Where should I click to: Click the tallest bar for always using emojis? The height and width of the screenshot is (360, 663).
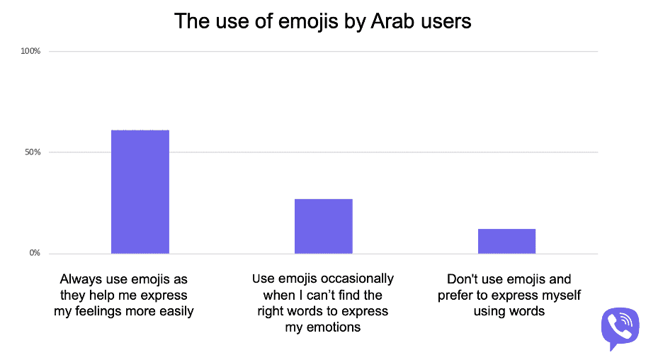coord(140,191)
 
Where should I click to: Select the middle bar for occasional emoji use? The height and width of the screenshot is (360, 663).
coord(324,226)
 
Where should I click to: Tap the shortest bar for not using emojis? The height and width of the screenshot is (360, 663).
coord(506,241)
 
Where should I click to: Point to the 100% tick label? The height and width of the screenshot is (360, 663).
coord(30,51)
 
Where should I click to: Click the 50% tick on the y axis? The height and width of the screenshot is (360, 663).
coord(33,152)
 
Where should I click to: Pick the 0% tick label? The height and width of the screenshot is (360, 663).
coord(35,253)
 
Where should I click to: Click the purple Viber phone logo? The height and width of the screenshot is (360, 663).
coord(620,329)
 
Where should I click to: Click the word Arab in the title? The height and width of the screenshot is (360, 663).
coord(392,21)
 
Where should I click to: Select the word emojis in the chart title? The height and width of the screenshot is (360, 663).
coord(308,22)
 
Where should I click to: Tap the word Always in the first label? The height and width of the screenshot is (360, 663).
coord(81,280)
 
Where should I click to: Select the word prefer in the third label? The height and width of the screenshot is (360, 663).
coord(455,296)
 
